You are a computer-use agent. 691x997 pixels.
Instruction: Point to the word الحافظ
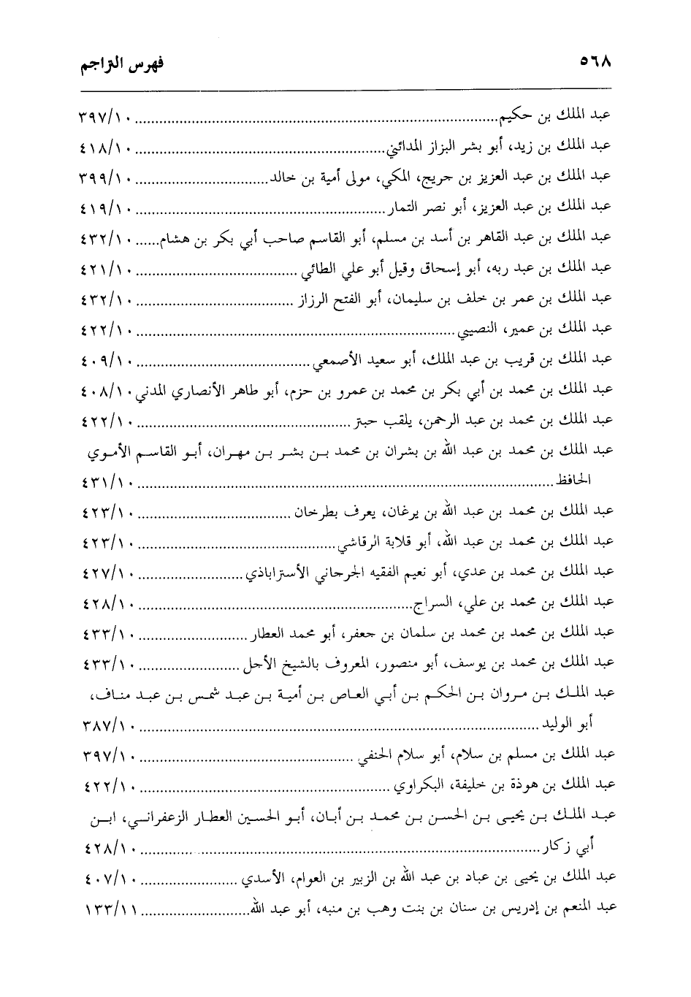[573, 482]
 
